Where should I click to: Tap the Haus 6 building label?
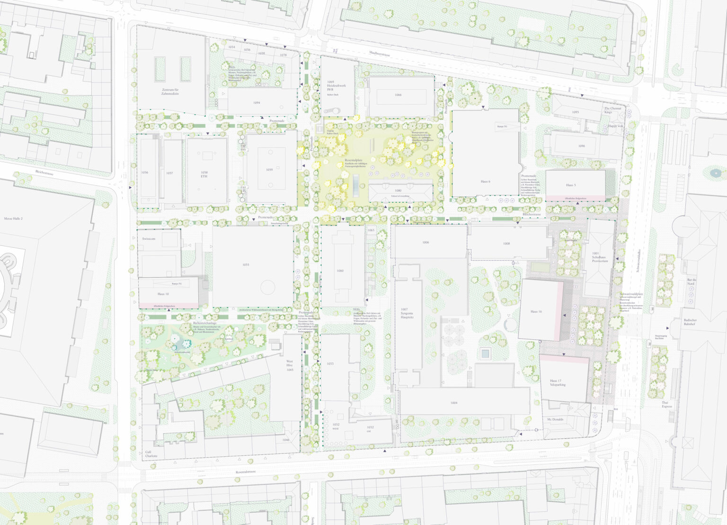point(485,181)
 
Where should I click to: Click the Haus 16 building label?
point(536,311)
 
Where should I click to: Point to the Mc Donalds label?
point(555,419)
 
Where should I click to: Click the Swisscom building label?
point(149,239)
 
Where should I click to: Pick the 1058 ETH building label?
point(204,174)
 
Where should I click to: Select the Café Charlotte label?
point(151,454)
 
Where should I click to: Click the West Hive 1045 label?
point(290,365)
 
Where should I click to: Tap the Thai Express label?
point(667,404)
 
